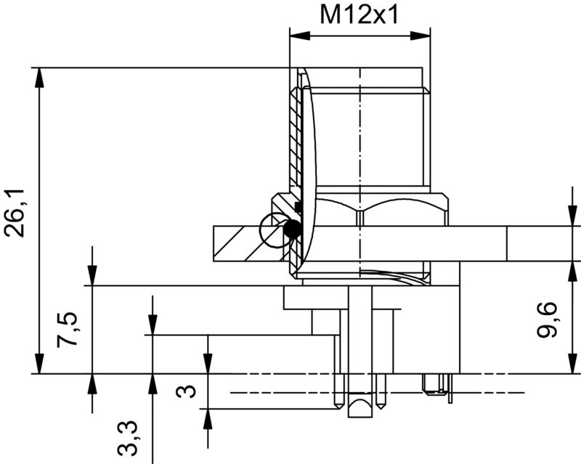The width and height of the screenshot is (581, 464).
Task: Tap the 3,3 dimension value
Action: pyautogui.click(x=129, y=435)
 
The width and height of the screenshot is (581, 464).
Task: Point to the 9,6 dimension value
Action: pyautogui.click(x=548, y=320)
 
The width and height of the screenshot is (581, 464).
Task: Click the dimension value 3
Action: pyautogui.click(x=187, y=392)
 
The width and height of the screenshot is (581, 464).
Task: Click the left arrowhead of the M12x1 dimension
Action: pyautogui.click(x=296, y=35)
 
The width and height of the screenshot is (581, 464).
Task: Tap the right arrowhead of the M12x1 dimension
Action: pyautogui.click(x=424, y=35)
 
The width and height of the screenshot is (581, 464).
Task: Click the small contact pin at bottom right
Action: pyautogui.click(x=436, y=386)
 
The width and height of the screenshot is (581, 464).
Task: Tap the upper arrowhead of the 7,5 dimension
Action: pyautogui.click(x=93, y=277)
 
